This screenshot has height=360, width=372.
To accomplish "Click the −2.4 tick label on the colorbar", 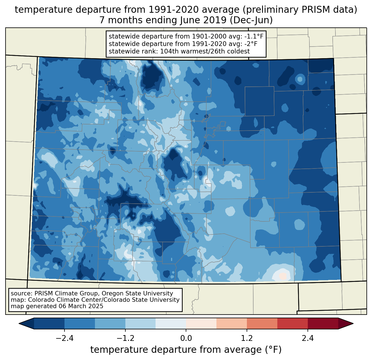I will [64, 338].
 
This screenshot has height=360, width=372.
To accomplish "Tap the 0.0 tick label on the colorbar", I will [186, 338].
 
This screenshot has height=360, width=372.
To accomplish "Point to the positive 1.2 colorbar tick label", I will [247, 338].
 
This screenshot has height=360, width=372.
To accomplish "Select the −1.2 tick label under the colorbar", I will [125, 338].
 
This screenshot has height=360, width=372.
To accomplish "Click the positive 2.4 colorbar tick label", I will [308, 338].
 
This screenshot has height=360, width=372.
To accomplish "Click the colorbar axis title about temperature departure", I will [186, 350].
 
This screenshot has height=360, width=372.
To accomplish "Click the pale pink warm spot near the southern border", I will [283, 276].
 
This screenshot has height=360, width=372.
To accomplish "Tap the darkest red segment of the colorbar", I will [323, 323].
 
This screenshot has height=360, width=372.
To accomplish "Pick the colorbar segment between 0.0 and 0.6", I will [201, 323].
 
